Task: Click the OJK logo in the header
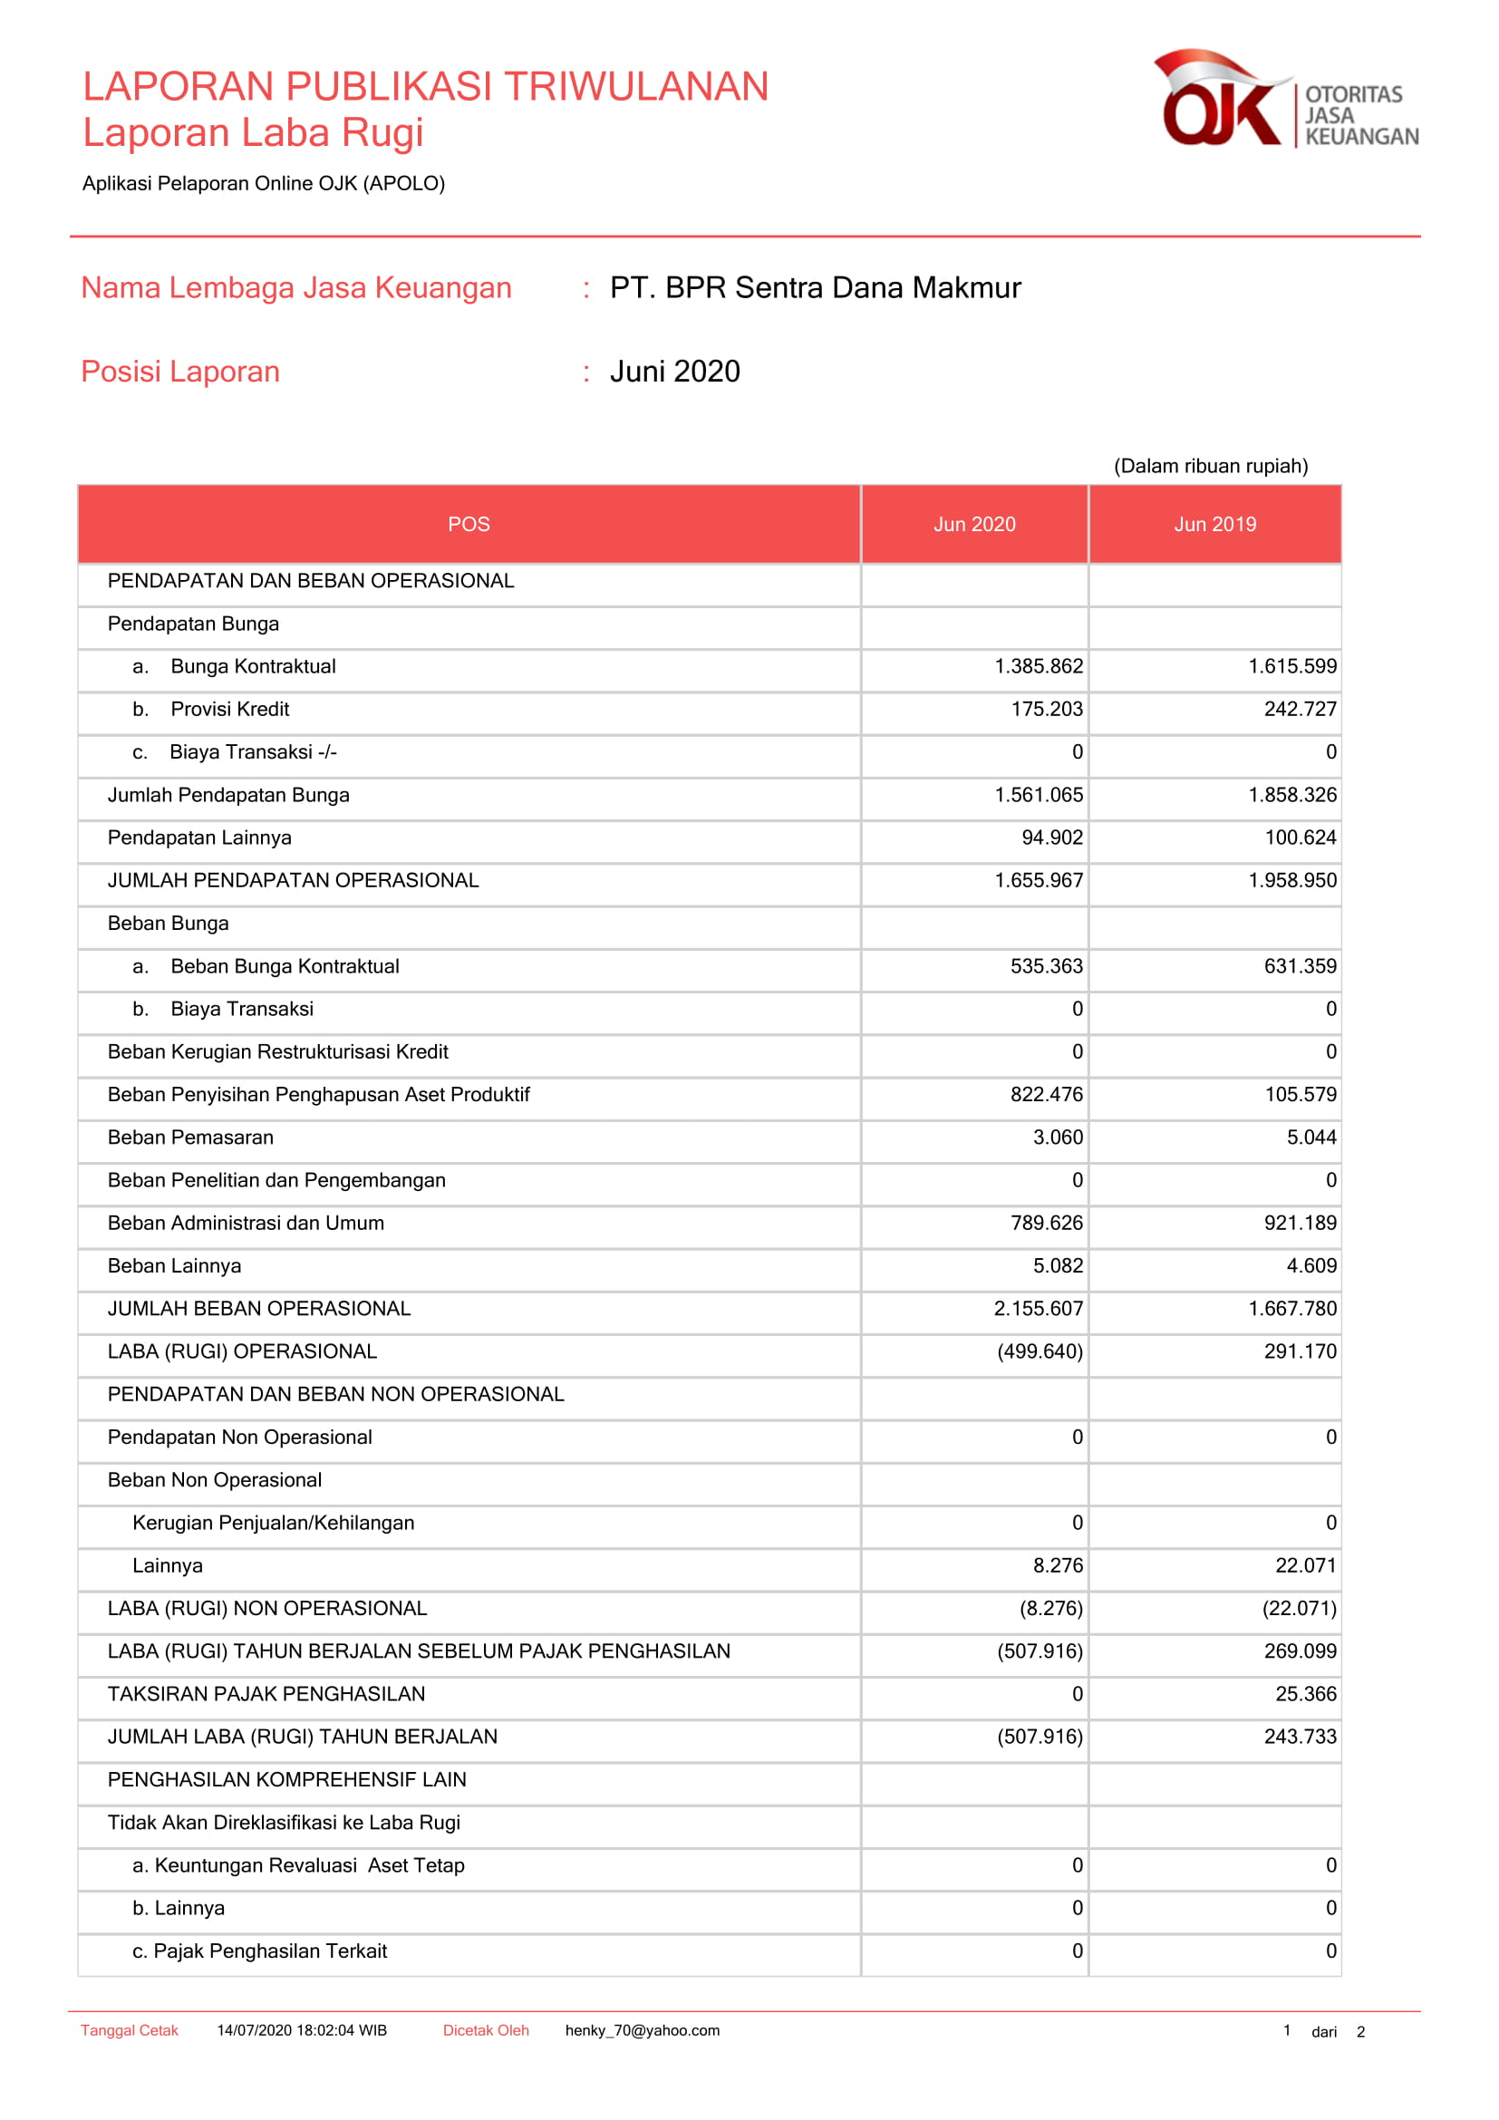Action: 1285,100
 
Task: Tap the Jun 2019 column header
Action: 1214,525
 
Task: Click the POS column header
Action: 469,525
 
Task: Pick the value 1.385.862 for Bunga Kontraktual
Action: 1039,667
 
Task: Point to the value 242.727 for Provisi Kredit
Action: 1300,709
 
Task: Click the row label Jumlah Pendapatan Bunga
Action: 228,795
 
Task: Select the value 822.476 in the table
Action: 1046,1094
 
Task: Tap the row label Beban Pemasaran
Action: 190,1137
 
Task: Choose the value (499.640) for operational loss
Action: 1040,1351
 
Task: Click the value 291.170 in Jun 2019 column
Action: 1300,1351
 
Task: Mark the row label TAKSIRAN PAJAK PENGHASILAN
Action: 266,1694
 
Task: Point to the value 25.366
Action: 1305,1694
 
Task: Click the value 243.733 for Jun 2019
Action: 1300,1737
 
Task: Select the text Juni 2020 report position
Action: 675,372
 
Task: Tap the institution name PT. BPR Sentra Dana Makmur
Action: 815,288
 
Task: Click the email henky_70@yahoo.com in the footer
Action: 643,2030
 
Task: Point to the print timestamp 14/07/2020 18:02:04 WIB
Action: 302,2030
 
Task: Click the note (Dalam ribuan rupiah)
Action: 1210,466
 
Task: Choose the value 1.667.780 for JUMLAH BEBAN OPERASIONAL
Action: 1292,1309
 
